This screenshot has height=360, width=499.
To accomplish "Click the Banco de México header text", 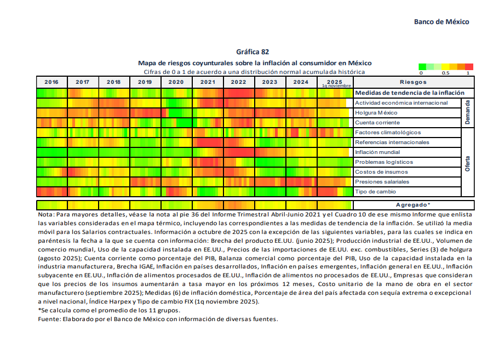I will (441, 22).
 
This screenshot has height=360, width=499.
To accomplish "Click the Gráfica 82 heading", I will (253, 52).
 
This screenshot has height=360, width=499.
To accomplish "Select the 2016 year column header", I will (51, 82).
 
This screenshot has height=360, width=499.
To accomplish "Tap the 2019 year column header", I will (145, 82).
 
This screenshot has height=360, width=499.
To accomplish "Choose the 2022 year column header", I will (238, 82).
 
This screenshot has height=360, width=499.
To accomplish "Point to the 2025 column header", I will (334, 81).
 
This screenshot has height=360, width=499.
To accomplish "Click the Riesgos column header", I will (413, 82).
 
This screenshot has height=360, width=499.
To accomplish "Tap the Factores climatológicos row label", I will (388, 133).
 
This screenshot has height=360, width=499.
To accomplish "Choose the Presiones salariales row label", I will (382, 182).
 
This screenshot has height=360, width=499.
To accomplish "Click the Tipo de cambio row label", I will (375, 192).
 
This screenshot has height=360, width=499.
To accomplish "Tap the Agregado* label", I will (413, 205).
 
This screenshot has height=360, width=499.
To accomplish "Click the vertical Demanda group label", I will (468, 112).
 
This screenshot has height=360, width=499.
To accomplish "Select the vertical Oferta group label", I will (468, 162).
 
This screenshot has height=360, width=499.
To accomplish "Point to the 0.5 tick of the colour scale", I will (445, 73).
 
